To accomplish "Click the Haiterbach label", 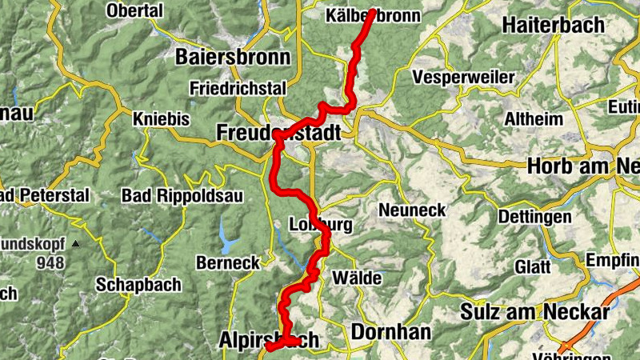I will (553, 25).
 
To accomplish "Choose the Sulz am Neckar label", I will (535, 311).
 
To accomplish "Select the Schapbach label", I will (138, 284).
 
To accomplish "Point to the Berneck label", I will (227, 262).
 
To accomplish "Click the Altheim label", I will (529, 118).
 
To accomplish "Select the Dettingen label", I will (534, 217).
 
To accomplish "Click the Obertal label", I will (134, 10).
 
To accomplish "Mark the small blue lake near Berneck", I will (230, 240).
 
